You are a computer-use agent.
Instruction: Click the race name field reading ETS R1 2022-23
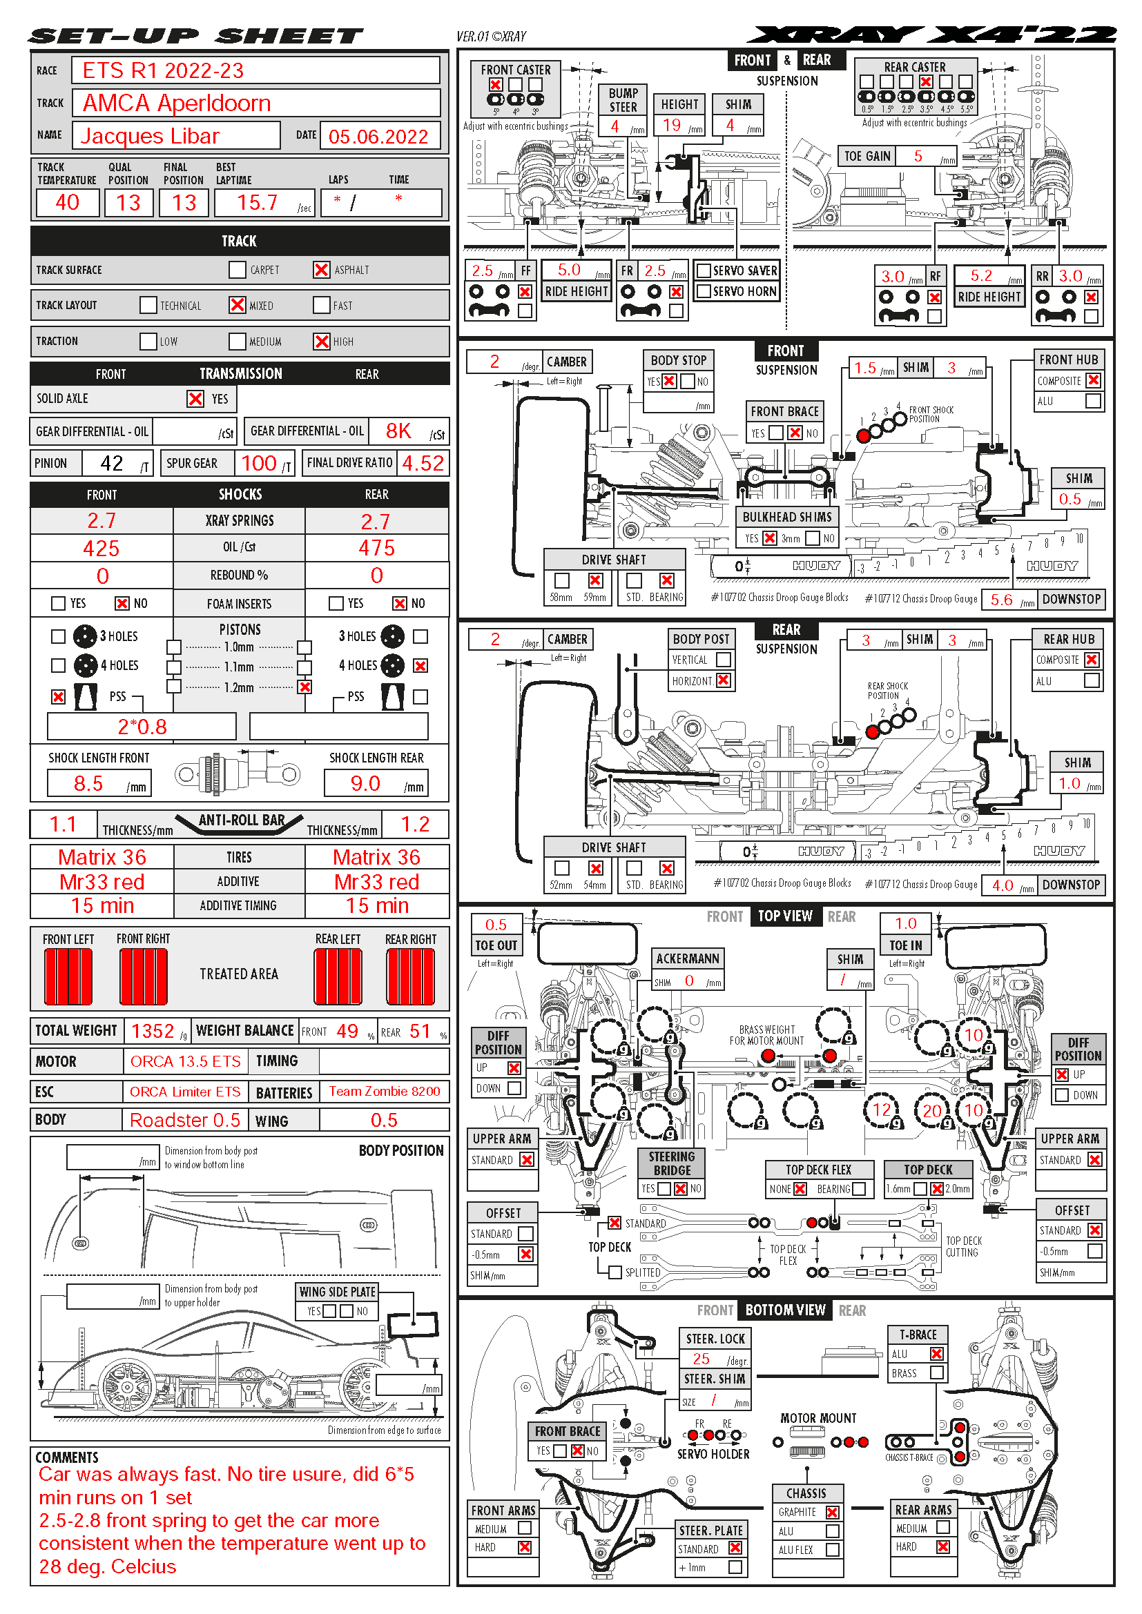point(163,70)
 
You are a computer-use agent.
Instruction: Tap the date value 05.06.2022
point(378,137)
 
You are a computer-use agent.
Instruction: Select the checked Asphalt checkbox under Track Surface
point(321,270)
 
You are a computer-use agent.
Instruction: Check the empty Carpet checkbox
point(238,270)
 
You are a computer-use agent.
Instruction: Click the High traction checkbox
point(321,342)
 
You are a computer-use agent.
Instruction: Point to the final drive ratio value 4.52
point(423,463)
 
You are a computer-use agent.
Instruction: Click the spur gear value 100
point(259,463)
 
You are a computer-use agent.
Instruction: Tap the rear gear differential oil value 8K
point(398,431)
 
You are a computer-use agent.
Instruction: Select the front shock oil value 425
point(101,549)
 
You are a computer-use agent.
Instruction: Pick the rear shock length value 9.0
point(365,783)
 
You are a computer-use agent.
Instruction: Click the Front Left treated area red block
point(68,976)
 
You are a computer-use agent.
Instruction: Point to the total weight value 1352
point(153,1031)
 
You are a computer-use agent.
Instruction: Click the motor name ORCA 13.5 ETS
point(186,1061)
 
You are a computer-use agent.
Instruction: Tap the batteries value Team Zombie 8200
point(385,1092)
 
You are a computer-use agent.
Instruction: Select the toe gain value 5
point(918,156)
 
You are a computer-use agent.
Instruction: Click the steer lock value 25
point(701,1359)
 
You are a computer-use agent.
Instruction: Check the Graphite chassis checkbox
point(833,1512)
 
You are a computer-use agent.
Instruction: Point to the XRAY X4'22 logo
point(931,35)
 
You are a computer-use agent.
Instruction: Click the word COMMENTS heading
point(67,1457)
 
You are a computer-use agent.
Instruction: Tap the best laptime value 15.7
point(258,203)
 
